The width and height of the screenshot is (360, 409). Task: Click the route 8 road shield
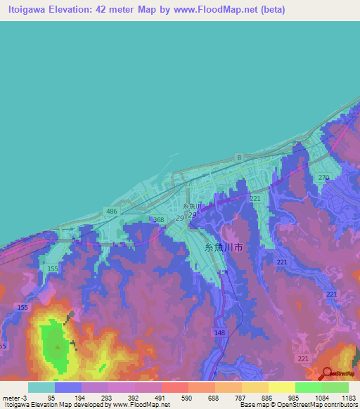tap(239, 157)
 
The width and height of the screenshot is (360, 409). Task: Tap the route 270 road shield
tap(323, 178)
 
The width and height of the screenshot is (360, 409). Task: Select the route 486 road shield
tap(112, 211)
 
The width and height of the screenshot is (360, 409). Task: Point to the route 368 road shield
tap(159, 220)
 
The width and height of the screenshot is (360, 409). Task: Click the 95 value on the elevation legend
tap(51, 398)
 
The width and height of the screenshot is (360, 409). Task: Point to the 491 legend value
tap(160, 398)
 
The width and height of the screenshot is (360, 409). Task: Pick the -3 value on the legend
tap(25, 398)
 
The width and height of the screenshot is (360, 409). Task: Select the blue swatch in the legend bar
tap(68, 387)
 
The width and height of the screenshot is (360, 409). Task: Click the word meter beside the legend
tap(11, 398)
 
